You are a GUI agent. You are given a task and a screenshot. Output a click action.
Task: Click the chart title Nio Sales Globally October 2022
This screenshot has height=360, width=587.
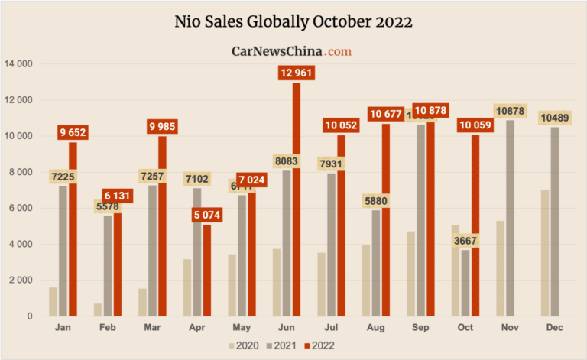tap(293, 21)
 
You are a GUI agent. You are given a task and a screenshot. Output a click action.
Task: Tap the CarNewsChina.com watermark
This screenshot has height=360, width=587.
tap(291, 51)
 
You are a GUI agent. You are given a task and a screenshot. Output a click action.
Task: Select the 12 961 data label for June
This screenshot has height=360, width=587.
tap(297, 73)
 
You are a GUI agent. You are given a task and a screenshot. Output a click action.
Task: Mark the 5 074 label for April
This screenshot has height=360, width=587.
tap(207, 216)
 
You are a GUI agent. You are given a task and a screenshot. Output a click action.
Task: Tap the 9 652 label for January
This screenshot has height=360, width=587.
tap(73, 133)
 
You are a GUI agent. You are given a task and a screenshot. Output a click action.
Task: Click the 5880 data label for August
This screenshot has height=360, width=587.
tap(376, 201)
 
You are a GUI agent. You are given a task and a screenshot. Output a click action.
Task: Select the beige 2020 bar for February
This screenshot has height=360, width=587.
tap(98, 310)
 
